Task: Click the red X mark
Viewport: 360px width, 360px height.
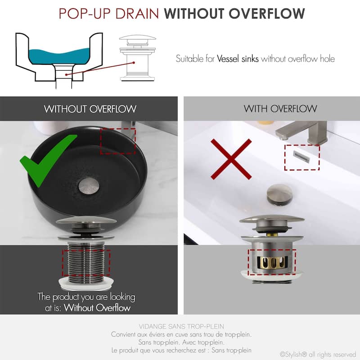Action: (x=231, y=159)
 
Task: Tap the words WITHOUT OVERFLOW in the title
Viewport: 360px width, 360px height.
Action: (x=234, y=13)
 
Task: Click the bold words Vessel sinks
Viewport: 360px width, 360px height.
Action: (x=238, y=58)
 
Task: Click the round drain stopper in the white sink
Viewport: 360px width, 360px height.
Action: (x=279, y=193)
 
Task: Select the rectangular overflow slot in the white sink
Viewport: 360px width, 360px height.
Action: (x=301, y=155)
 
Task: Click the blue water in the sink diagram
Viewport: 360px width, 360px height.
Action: (x=63, y=56)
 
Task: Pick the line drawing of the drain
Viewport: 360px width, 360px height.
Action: (x=137, y=58)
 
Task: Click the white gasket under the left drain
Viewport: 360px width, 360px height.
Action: (x=85, y=283)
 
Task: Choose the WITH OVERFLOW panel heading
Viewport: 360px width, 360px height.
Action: (x=280, y=108)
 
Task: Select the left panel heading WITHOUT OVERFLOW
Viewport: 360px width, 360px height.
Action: (x=90, y=109)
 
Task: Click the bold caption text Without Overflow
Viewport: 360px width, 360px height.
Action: (x=97, y=308)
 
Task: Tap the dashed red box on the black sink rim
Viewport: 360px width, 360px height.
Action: (x=117, y=140)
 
